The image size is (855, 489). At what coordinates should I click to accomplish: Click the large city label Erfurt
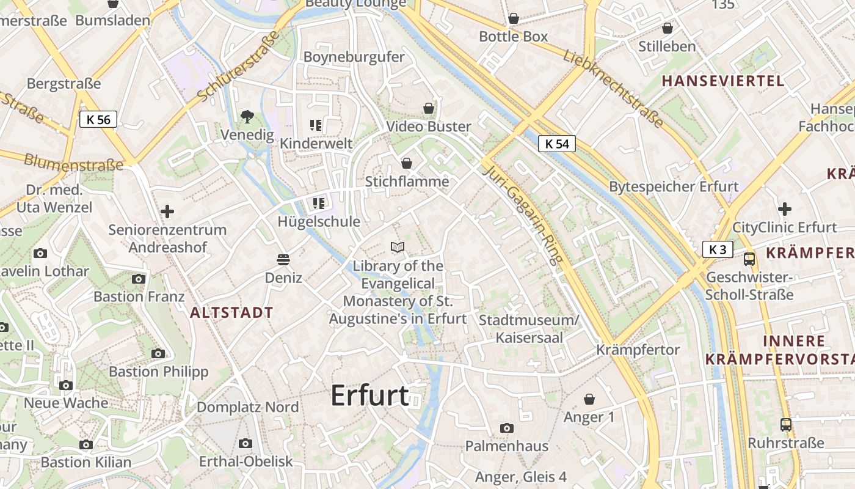tap(369, 396)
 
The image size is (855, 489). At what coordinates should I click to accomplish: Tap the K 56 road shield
tap(98, 119)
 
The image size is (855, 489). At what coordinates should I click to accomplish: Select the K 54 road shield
tap(557, 144)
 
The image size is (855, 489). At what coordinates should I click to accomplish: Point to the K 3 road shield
tap(717, 249)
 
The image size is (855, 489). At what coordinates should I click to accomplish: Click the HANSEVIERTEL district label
tap(722, 81)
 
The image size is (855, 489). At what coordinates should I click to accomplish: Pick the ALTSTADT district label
tap(231, 313)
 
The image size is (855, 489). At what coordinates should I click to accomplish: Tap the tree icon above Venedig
tap(247, 116)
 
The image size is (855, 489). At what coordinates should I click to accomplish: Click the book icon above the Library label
tap(398, 247)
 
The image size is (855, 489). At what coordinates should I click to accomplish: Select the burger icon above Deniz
tap(283, 259)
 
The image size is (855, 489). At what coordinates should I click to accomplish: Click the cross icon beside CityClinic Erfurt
tap(785, 209)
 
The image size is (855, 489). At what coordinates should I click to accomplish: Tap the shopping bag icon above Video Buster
tap(429, 108)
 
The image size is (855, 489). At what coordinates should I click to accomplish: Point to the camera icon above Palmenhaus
tap(506, 428)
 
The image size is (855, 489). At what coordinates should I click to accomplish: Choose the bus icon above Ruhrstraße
tap(786, 424)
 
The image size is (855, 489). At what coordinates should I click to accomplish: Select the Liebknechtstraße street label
tap(613, 89)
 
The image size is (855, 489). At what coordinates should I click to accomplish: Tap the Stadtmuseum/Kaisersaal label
tap(528, 329)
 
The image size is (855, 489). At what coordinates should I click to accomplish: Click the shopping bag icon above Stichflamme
tap(406, 163)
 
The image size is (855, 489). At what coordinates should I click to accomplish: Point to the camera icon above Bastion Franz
tap(139, 279)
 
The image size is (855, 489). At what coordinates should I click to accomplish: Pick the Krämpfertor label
tap(638, 350)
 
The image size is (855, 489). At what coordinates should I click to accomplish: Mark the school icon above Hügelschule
tap(318, 203)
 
